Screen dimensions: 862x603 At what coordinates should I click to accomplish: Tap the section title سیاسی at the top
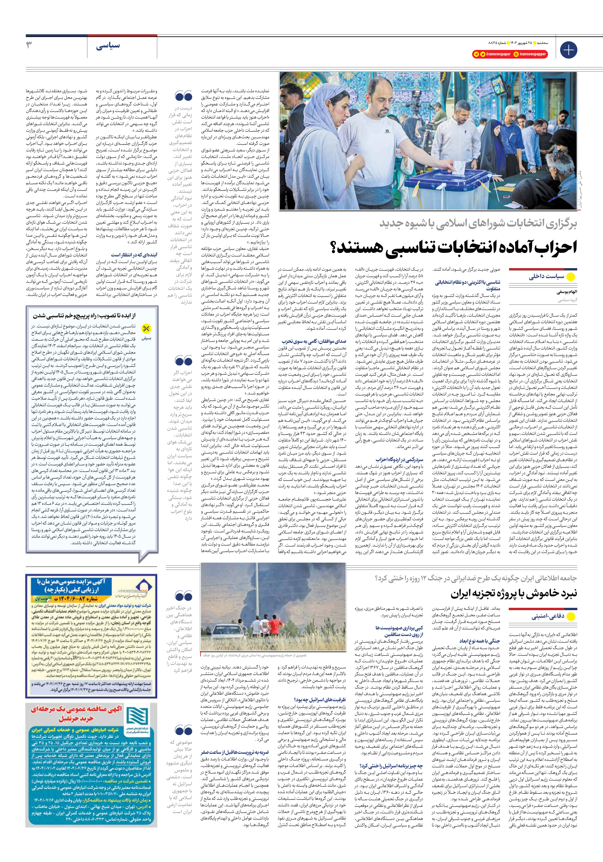pos(108,46)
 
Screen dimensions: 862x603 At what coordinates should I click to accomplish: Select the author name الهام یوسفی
pos(566,292)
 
